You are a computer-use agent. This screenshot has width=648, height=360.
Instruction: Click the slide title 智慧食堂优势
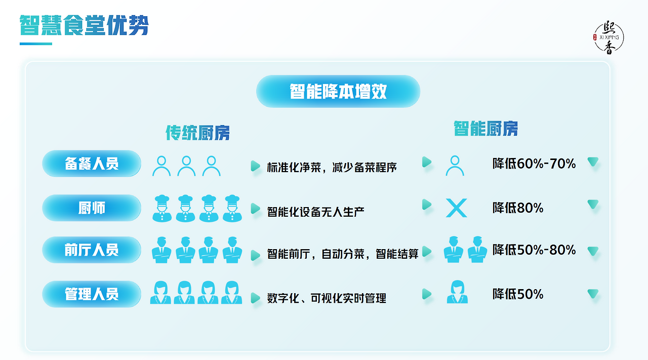pos(84,25)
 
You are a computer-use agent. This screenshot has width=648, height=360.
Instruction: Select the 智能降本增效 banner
pos(338,91)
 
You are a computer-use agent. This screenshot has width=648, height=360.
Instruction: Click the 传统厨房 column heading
pos(197,133)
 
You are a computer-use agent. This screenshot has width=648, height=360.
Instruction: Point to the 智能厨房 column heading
pos(485,129)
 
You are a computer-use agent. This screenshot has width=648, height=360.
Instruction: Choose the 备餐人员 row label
pos(92,164)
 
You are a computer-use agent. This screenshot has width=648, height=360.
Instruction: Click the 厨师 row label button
pos(92,208)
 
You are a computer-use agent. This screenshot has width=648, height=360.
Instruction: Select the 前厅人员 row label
pos(92,250)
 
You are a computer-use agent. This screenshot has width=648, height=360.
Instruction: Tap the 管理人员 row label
pos(92,294)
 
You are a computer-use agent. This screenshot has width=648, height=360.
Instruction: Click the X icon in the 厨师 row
pos(456,208)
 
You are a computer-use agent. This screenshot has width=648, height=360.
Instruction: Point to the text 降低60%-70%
pos(534,164)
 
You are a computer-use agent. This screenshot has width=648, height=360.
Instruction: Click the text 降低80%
pos(518,208)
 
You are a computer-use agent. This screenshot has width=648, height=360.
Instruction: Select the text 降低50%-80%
pos(534,250)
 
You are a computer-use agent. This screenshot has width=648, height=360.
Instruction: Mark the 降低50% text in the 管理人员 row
pos(518,294)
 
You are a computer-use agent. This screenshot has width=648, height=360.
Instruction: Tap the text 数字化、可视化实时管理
pos(327,298)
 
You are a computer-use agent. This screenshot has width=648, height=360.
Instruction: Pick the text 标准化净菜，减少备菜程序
pos(332,167)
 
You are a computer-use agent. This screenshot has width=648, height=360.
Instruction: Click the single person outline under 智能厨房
pos(455,165)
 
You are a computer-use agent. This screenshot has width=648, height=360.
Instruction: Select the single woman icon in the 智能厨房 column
pos(457,292)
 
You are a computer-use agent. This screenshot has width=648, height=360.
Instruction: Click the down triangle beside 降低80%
pos(593,205)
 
